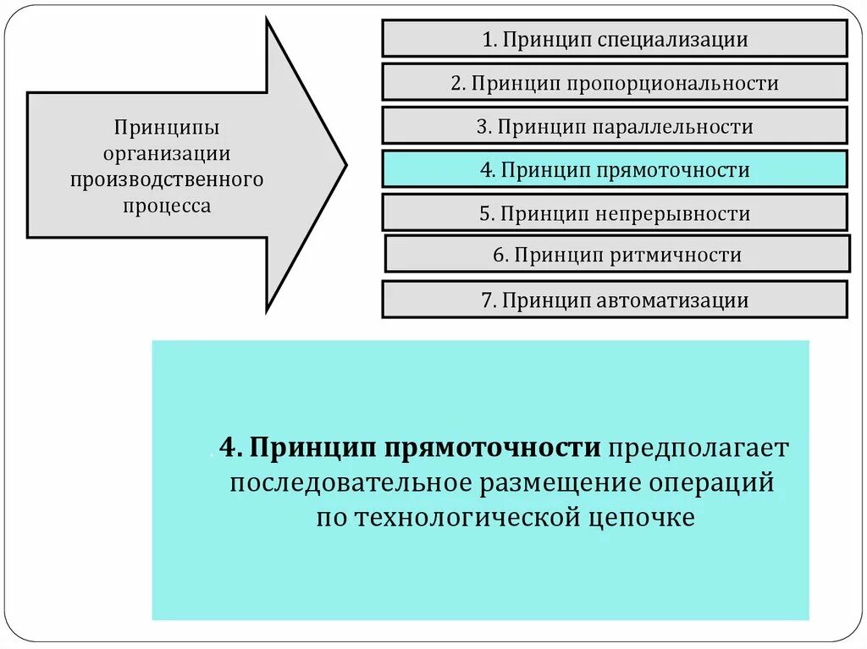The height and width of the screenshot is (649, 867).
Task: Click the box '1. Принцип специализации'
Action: point(615,39)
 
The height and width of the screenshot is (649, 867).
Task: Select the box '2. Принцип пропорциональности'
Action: point(615,83)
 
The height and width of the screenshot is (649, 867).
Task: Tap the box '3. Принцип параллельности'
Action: point(615,126)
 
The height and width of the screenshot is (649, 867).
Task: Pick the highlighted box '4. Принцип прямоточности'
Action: point(615,169)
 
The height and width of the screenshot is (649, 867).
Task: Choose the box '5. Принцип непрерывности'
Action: point(615,212)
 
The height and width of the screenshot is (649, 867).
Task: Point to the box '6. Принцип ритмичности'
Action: point(617,255)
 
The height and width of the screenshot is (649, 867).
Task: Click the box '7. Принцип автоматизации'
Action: point(615,300)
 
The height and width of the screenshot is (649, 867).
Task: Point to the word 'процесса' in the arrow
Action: point(167,205)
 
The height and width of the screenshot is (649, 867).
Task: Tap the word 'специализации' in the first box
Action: point(673,39)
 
